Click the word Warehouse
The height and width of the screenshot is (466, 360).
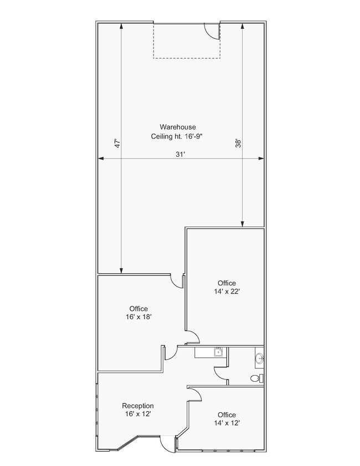point(178,127)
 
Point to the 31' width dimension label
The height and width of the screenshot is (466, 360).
point(181,154)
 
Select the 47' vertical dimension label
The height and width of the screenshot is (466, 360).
point(117,143)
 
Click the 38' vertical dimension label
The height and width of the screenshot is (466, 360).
point(239,143)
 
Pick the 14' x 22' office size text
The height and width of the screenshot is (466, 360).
point(227,291)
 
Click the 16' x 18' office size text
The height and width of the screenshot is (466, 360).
point(138,317)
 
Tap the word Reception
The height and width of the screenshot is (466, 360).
point(138,406)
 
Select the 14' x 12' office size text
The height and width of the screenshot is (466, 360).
point(227,423)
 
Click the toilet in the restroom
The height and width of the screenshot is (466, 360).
point(257,378)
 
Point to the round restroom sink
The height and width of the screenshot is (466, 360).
point(259,359)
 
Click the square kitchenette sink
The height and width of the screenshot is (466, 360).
point(219,352)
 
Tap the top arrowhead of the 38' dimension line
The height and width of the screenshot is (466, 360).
point(243,26)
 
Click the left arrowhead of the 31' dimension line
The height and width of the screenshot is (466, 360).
point(101,158)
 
